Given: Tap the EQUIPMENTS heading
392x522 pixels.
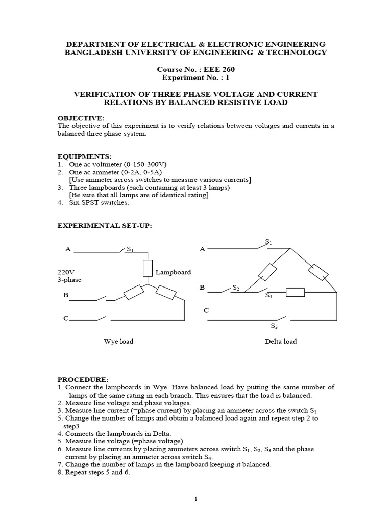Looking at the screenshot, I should (84, 156).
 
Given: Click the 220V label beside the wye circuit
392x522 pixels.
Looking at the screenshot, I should (66, 272).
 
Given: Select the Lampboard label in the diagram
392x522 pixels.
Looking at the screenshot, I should (174, 272).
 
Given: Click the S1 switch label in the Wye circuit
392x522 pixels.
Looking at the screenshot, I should (130, 249).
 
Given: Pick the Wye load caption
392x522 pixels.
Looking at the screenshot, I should (118, 341).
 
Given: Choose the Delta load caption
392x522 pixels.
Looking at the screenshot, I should (280, 341).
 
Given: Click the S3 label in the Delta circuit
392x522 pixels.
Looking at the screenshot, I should (274, 326).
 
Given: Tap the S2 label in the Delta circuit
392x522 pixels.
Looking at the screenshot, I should (236, 288).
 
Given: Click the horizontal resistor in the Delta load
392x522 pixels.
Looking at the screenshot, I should (295, 292).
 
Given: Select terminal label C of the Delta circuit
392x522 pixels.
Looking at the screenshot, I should (206, 310).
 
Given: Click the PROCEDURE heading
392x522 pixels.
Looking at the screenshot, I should (83, 380).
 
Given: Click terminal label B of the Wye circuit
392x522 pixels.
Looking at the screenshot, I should (66, 295).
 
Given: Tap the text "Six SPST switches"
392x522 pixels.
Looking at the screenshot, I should (97, 203).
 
